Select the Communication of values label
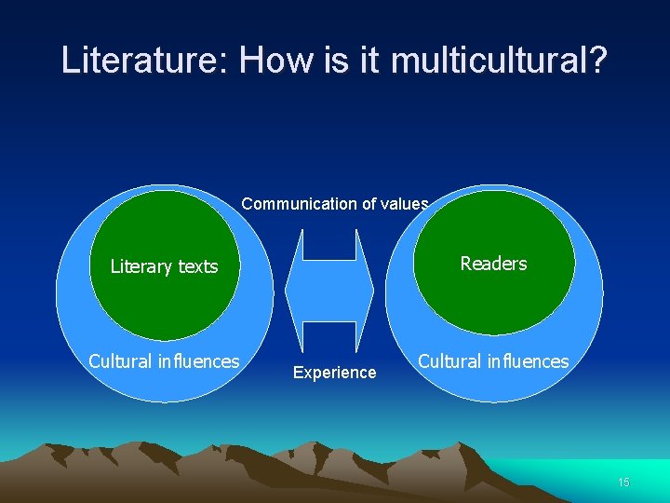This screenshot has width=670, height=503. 335,203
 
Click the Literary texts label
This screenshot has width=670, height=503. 164,266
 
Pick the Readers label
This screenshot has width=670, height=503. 493,264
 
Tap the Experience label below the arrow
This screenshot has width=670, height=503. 334,373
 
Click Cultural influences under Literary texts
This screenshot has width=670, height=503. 164,361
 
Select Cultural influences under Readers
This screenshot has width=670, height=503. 493,361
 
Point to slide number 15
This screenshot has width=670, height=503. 623,482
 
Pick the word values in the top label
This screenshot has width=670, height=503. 406,203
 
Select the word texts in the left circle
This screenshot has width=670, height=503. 197,266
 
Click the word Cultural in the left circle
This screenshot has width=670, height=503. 118,361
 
